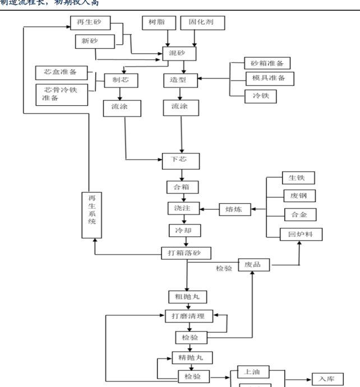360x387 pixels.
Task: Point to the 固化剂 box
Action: pos(202,24)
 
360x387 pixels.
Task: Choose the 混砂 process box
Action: pos(180,54)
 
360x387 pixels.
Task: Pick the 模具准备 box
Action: pos(268,78)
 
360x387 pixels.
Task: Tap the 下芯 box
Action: pos(181,160)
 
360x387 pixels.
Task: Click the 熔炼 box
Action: pos(234,209)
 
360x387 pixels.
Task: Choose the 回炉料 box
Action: pos(301,234)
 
